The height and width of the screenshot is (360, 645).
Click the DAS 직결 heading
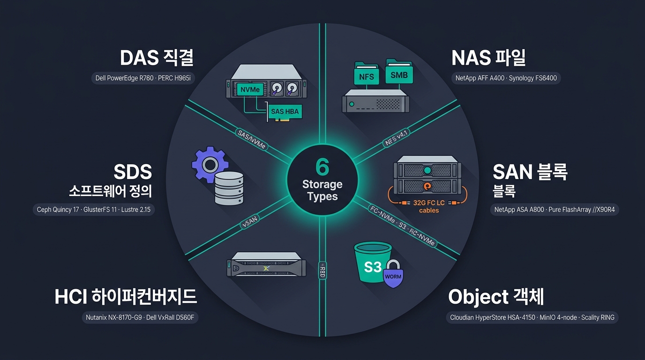pyautogui.click(x=157, y=58)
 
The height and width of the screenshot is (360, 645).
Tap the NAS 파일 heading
pyautogui.click(x=488, y=58)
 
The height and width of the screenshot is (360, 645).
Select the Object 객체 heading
pyautogui.click(x=496, y=297)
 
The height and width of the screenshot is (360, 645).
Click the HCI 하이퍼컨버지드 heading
pyautogui.click(x=126, y=297)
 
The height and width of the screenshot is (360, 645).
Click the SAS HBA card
pyautogui.click(x=285, y=112)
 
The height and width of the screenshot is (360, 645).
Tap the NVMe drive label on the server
pyautogui.click(x=250, y=90)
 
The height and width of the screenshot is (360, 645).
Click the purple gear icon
pyautogui.click(x=210, y=164)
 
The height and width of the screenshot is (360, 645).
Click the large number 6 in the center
pyautogui.click(x=322, y=167)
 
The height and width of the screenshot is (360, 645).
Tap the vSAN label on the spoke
pyautogui.click(x=250, y=222)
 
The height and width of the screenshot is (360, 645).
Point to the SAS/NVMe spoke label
pyautogui.click(x=251, y=139)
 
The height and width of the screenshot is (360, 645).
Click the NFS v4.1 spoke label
pyautogui.click(x=396, y=137)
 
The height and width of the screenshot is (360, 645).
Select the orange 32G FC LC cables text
pyautogui.click(x=429, y=206)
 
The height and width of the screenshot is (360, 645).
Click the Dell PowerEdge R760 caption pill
pyautogui.click(x=143, y=78)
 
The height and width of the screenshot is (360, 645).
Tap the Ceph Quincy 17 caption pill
pyautogui.click(x=94, y=210)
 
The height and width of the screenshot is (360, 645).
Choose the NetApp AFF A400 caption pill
pyautogui.click(x=506, y=78)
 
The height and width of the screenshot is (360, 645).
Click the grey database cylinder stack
pyautogui.click(x=229, y=188)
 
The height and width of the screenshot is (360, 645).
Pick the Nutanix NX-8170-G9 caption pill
pyautogui.click(x=140, y=317)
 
